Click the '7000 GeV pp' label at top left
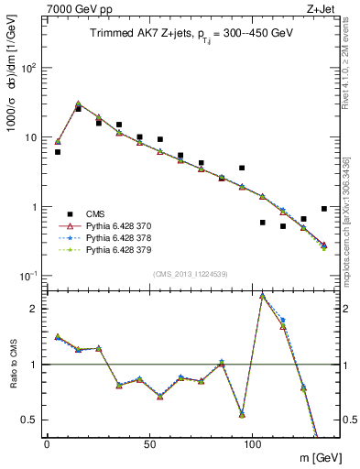(72, 8)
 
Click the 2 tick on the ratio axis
(37, 309)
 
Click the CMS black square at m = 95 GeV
(242, 168)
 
